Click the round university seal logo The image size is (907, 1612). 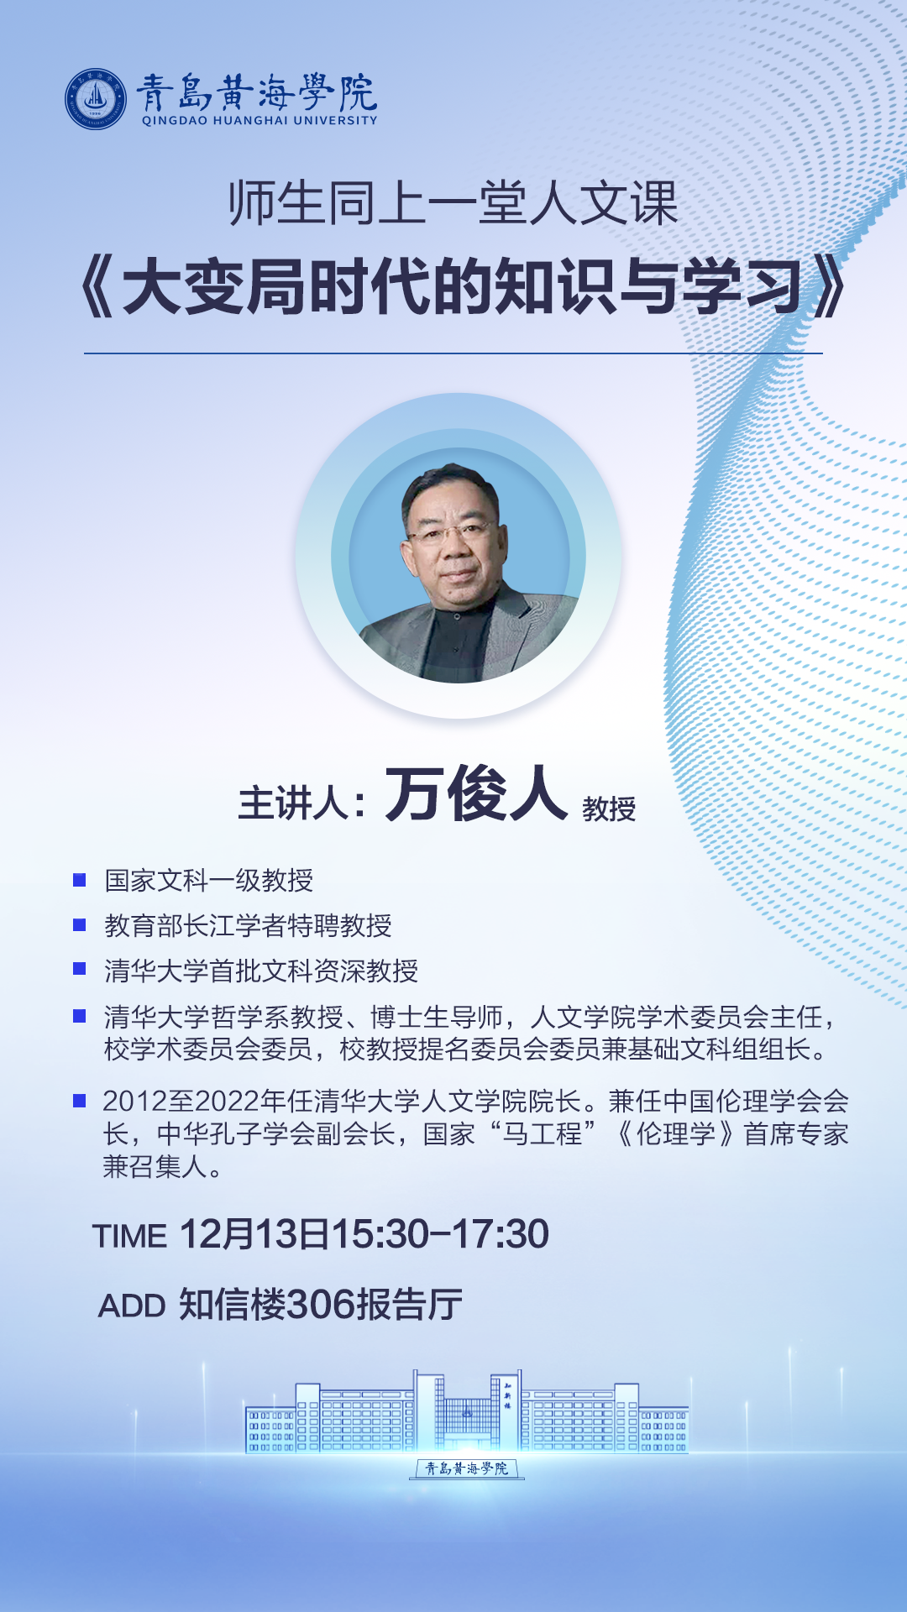click(x=96, y=99)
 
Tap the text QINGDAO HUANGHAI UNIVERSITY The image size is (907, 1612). click(x=260, y=120)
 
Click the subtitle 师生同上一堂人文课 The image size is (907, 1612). click(x=453, y=203)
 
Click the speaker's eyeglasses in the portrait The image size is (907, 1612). click(x=450, y=531)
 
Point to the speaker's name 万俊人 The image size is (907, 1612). click(x=476, y=793)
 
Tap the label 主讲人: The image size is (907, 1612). click(x=302, y=803)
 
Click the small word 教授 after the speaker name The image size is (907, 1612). click(x=609, y=809)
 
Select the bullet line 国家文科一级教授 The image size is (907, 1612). click(x=209, y=880)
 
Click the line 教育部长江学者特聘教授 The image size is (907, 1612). click(x=248, y=925)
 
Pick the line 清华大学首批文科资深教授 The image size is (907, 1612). click(x=261, y=971)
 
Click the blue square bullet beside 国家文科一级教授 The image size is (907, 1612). click(x=80, y=880)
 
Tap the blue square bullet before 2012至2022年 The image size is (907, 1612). click(x=80, y=1101)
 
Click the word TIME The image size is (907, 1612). click(x=129, y=1236)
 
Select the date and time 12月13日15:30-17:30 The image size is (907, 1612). click(x=364, y=1234)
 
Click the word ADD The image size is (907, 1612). click(x=132, y=1306)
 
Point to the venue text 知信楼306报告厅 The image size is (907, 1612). click(x=321, y=1305)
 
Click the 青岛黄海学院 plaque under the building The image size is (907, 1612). click(x=466, y=1468)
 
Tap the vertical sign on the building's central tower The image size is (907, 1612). click(x=507, y=1395)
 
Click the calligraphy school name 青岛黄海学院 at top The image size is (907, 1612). click(x=257, y=92)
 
